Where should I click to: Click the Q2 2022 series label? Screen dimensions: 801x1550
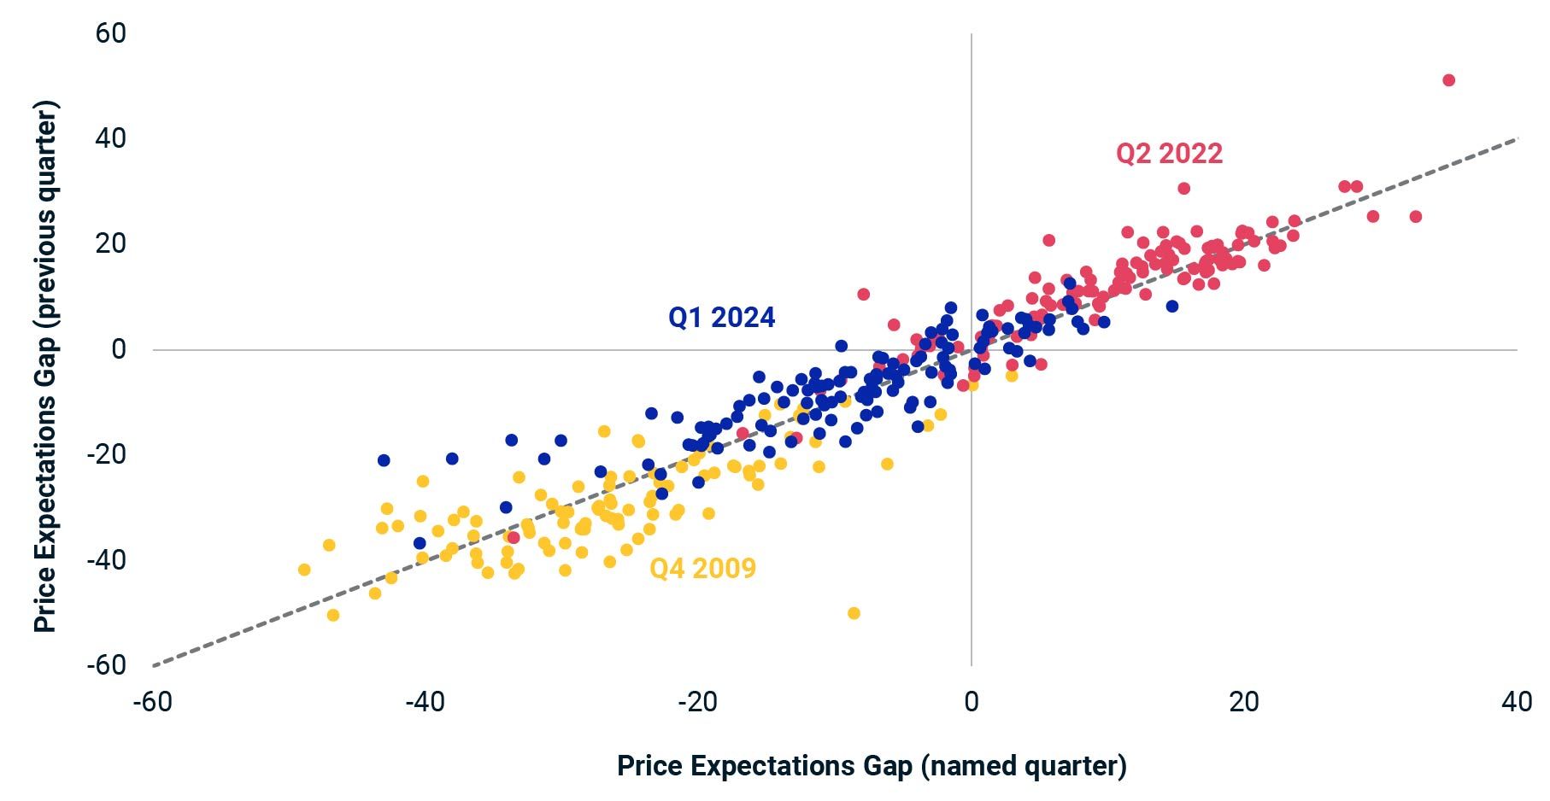(x=1169, y=154)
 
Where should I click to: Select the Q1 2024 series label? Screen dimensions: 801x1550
(x=721, y=318)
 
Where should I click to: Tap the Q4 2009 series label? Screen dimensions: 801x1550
(x=702, y=569)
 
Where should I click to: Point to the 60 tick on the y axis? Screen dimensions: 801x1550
(x=111, y=33)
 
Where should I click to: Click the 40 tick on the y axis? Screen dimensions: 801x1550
(x=111, y=138)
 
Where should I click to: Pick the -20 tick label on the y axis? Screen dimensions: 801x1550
(x=106, y=454)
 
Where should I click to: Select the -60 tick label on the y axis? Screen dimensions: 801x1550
(x=106, y=664)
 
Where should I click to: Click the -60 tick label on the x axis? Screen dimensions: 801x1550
(x=153, y=702)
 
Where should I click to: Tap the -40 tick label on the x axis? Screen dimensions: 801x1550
(x=426, y=702)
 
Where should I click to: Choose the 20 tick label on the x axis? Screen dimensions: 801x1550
(x=1244, y=702)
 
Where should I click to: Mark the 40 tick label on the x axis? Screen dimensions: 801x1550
(x=1517, y=702)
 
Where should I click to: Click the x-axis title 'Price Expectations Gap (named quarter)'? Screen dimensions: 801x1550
(x=872, y=766)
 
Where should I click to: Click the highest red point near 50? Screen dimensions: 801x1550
(x=1448, y=80)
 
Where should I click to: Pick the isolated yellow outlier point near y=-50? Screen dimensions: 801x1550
(x=853, y=613)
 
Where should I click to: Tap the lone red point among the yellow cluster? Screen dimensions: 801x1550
(x=513, y=537)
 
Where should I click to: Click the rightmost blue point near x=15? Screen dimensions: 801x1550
(x=1171, y=306)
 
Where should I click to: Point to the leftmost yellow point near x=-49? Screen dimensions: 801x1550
(x=304, y=570)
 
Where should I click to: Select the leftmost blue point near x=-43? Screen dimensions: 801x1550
(x=384, y=460)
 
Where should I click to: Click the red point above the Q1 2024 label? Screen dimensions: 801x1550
(x=863, y=295)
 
